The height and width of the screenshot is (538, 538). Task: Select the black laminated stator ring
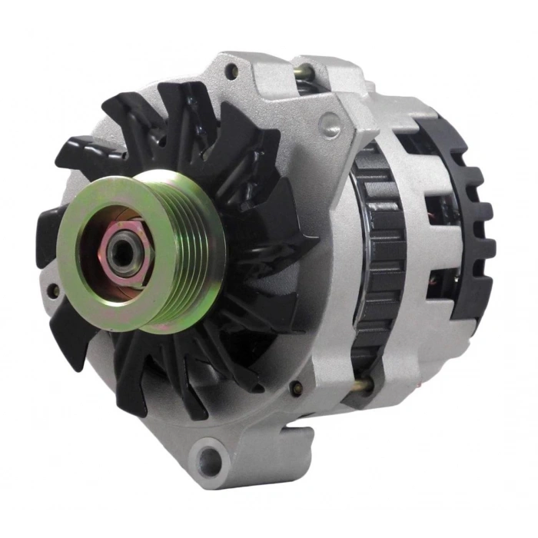378,254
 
